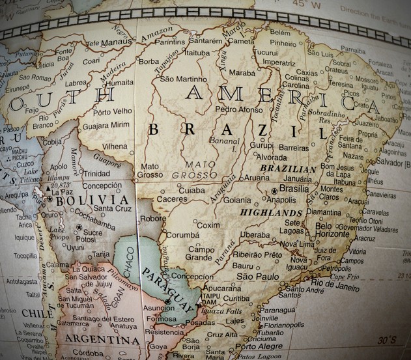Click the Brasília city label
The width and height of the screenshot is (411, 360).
[x=294, y=189]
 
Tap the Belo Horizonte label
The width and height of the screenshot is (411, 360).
[x=332, y=230]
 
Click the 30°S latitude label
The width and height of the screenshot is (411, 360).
[x=388, y=339]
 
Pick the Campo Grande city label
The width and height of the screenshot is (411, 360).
[x=201, y=253]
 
